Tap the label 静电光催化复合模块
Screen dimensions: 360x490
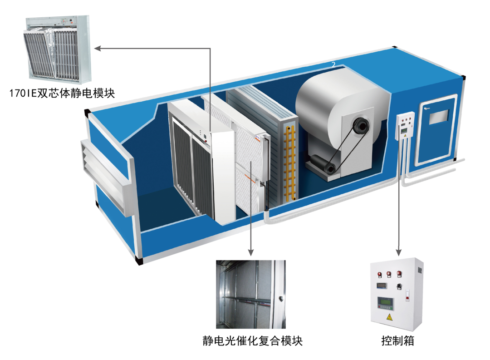[x=252, y=340]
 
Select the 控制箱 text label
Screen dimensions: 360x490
[x=397, y=340]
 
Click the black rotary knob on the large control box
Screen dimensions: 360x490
[x=400, y=286]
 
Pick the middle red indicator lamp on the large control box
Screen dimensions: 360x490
[x=388, y=274]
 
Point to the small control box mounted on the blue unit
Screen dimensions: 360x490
[x=405, y=126]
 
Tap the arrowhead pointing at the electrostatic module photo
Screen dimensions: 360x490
[x=97, y=47]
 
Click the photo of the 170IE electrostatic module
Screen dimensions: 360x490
[x=58, y=50]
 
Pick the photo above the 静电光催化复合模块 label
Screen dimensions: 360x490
[x=250, y=294]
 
